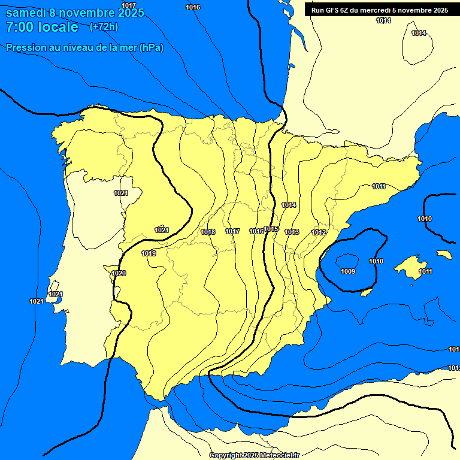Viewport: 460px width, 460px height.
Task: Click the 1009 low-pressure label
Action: point(348,271)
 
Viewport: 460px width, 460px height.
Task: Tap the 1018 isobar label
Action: point(208,232)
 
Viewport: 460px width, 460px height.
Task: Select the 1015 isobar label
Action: point(271,229)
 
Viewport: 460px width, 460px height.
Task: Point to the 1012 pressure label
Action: point(319,232)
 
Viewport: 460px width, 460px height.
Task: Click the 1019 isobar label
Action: point(149,253)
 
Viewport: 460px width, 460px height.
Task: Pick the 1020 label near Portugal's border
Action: point(119,273)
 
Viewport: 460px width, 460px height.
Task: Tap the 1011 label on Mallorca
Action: point(425,271)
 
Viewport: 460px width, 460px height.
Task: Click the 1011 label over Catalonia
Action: point(379,186)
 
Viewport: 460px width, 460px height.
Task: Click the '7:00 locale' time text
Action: point(42,27)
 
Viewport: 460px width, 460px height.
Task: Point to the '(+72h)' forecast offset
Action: point(104,27)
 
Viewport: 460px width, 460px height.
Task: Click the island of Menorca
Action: point(444,254)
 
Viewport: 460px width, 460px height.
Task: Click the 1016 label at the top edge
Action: point(193,7)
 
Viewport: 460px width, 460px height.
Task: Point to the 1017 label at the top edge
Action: point(129,5)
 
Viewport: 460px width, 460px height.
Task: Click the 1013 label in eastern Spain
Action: point(292,232)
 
